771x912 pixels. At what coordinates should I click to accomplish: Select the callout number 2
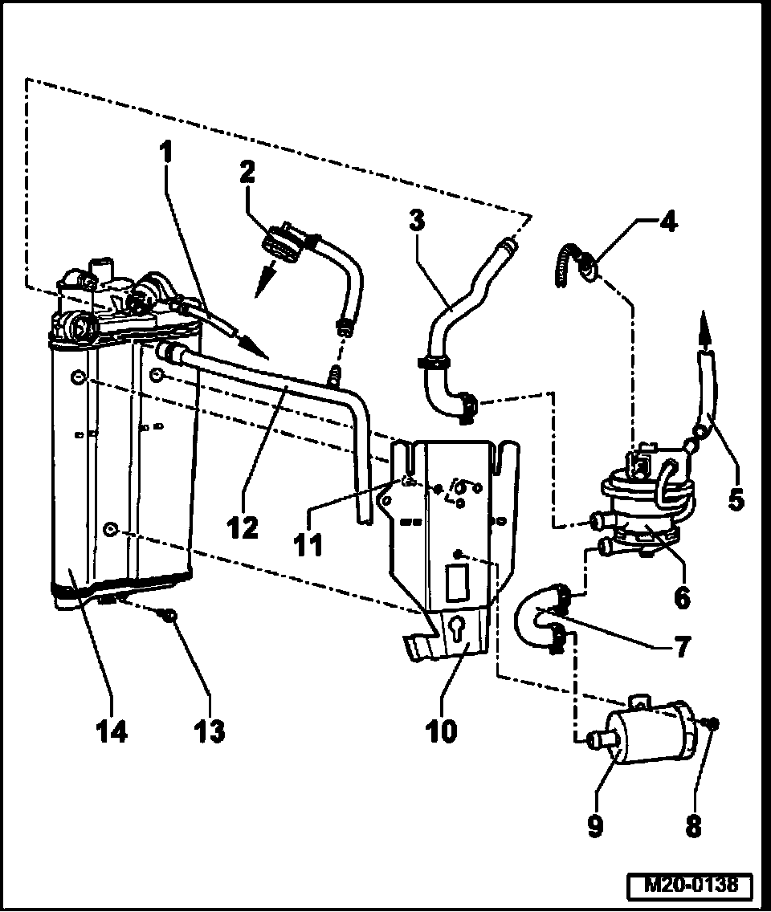tap(248, 171)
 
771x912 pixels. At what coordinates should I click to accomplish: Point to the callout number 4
tap(669, 222)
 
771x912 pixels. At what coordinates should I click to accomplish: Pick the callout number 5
tap(736, 500)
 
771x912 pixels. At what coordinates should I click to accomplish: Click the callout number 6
tap(682, 596)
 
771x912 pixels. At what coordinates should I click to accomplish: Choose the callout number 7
tap(681, 647)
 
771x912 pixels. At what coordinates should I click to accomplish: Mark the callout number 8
tap(692, 826)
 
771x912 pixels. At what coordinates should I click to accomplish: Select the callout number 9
tap(595, 826)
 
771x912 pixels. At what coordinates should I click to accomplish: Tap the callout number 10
tap(442, 731)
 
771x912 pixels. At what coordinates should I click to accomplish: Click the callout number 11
tap(308, 544)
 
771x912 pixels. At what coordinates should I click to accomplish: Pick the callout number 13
tap(211, 731)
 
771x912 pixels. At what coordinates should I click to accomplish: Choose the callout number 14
tap(112, 731)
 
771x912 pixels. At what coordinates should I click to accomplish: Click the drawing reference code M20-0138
tap(690, 886)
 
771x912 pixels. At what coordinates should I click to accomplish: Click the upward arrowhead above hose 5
tap(705, 323)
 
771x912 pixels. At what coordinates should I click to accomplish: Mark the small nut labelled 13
tap(169, 615)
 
